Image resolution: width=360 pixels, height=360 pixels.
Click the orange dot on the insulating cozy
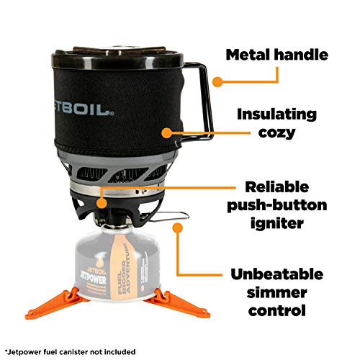(167, 132)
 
